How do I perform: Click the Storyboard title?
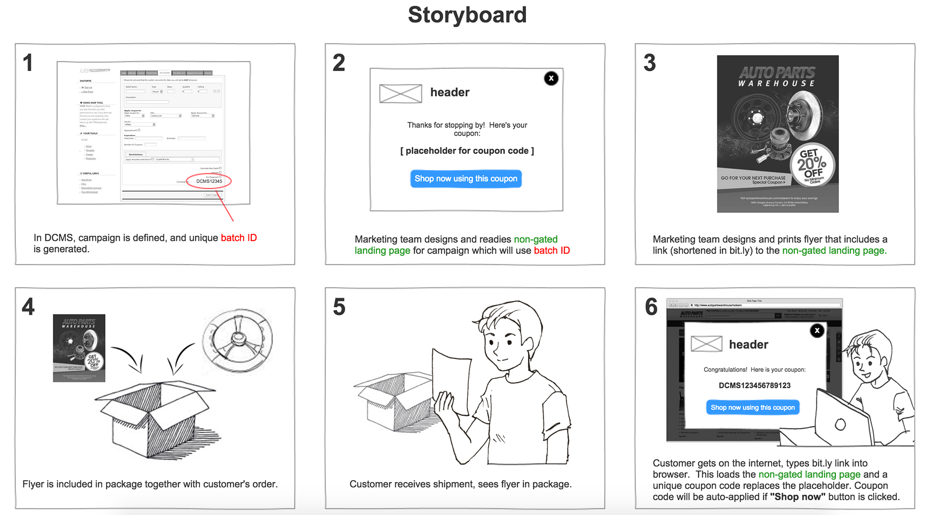pyautogui.click(x=467, y=15)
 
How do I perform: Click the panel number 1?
pyautogui.click(x=28, y=63)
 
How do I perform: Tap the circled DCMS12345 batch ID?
pyautogui.click(x=209, y=181)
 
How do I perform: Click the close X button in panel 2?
pyautogui.click(x=551, y=78)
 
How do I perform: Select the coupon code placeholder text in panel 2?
pyautogui.click(x=467, y=151)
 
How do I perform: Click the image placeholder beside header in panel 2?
pyautogui.click(x=401, y=93)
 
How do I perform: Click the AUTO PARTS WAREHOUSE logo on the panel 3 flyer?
pyautogui.click(x=777, y=76)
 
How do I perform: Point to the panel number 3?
pyautogui.click(x=650, y=63)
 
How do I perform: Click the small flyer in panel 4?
pyautogui.click(x=79, y=348)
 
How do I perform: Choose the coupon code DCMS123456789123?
pyautogui.click(x=754, y=385)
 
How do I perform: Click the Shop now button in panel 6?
pyautogui.click(x=752, y=408)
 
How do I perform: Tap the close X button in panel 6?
pyautogui.click(x=817, y=331)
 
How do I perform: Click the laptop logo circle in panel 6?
pyautogui.click(x=840, y=424)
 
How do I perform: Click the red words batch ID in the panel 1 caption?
pyautogui.click(x=239, y=238)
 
